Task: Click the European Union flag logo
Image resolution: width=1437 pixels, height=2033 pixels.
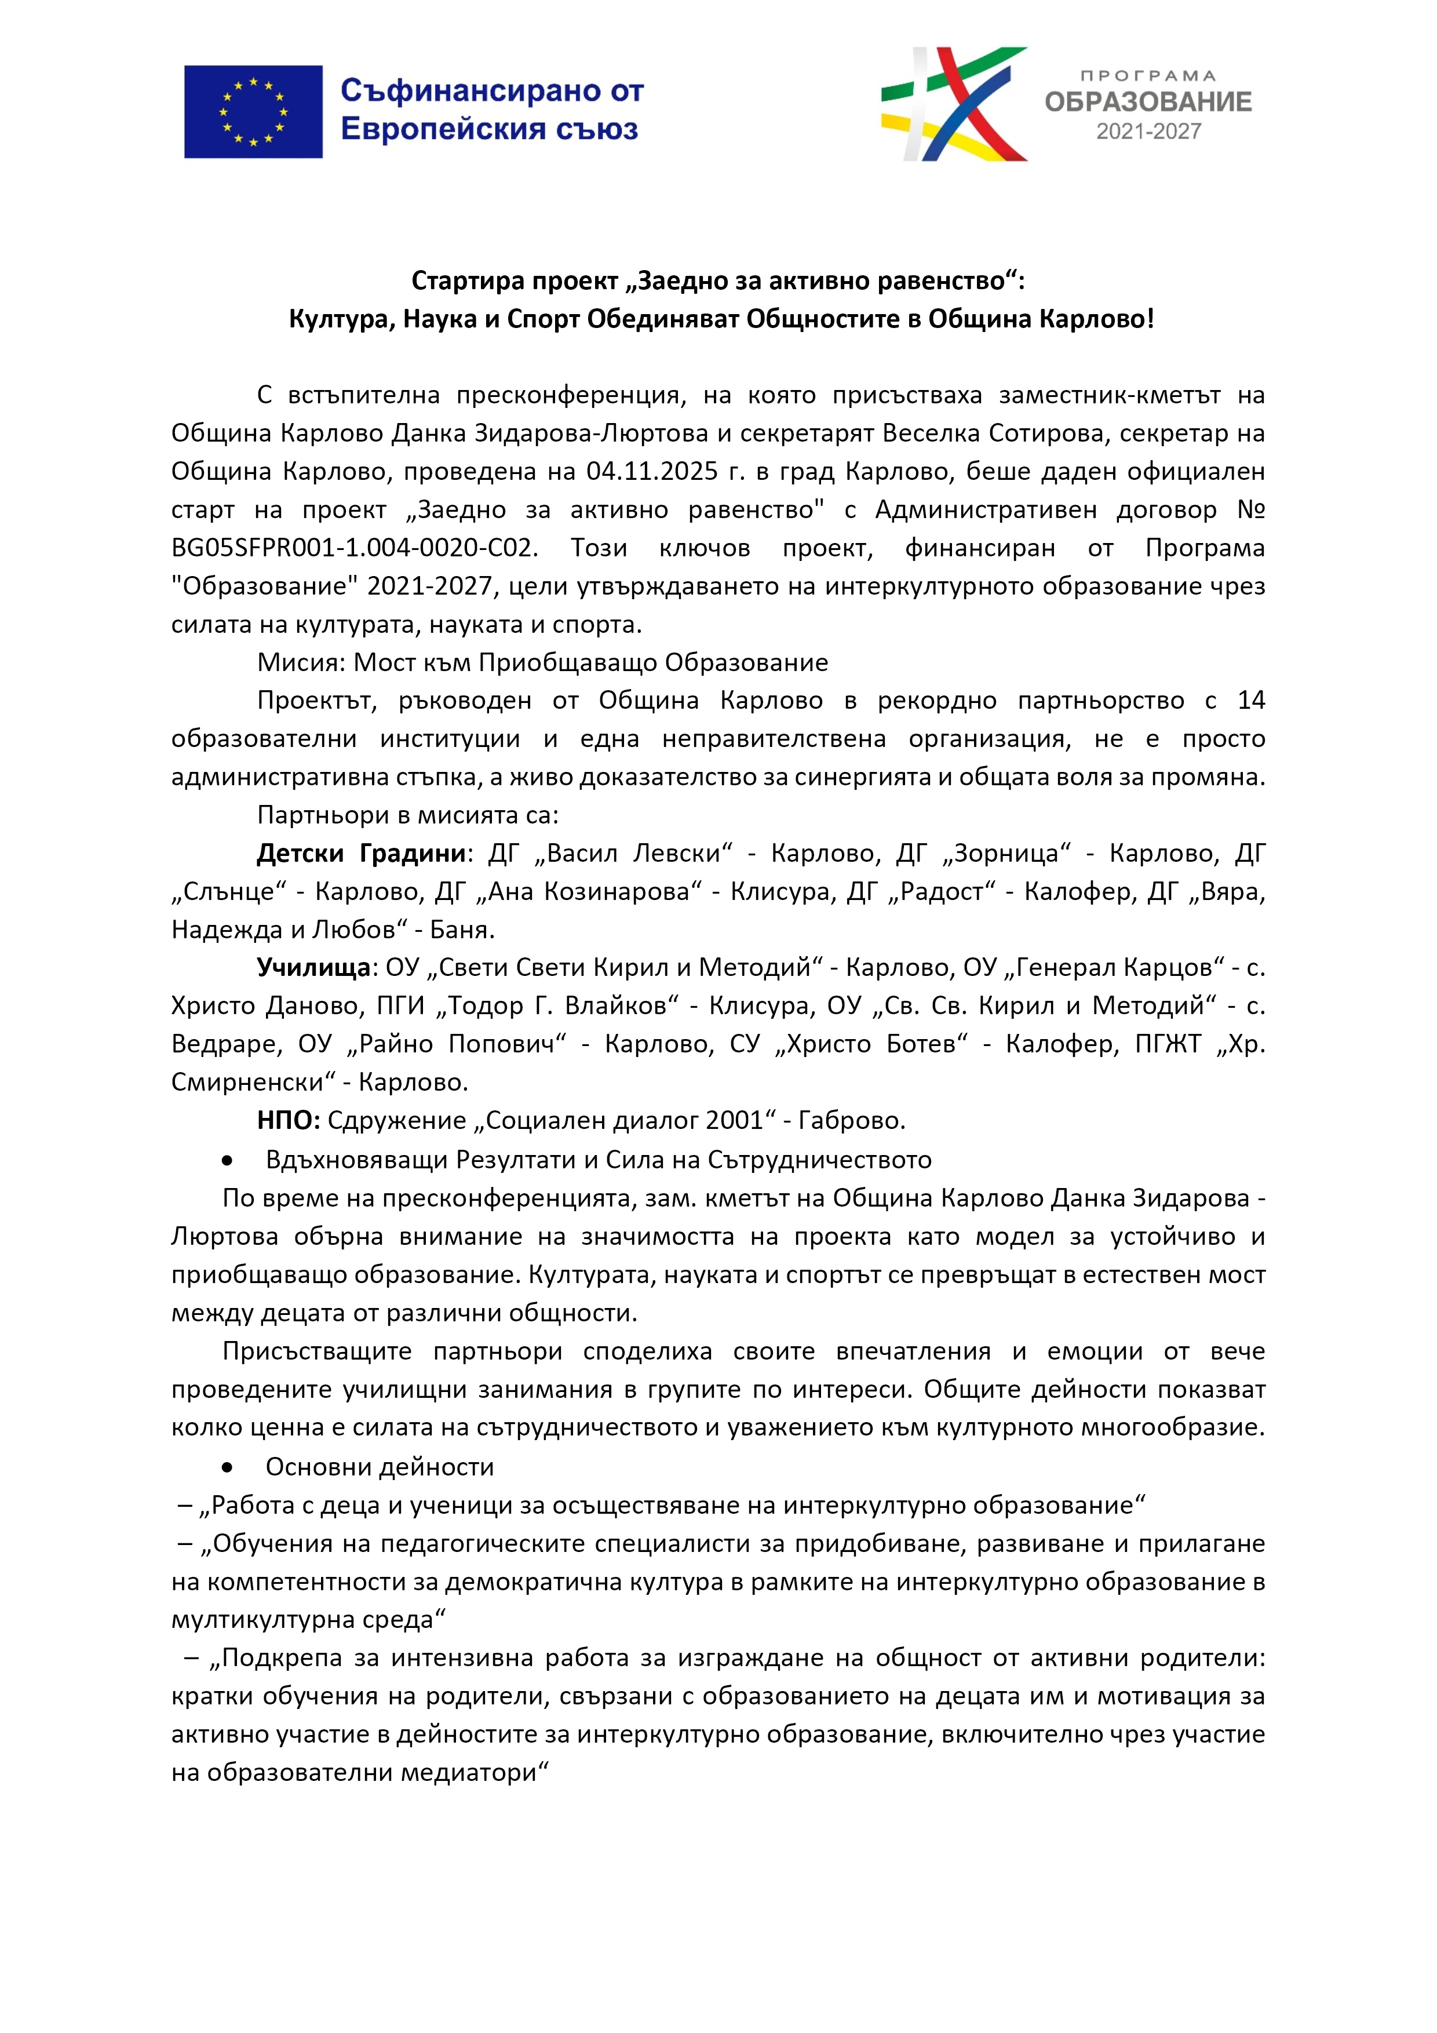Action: click(253, 112)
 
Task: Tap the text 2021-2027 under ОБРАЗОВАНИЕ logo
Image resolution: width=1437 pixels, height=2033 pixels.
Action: click(1148, 132)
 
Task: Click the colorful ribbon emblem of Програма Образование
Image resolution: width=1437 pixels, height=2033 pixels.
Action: click(954, 104)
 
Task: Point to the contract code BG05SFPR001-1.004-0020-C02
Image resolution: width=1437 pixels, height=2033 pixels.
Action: click(354, 548)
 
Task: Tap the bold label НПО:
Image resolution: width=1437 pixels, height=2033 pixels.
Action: click(289, 1120)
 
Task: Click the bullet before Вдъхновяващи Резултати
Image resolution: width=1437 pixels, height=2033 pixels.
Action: click(228, 1160)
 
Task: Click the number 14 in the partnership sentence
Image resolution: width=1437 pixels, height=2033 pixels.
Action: click(1251, 701)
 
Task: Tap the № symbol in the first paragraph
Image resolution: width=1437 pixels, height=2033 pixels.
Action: click(1250, 509)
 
